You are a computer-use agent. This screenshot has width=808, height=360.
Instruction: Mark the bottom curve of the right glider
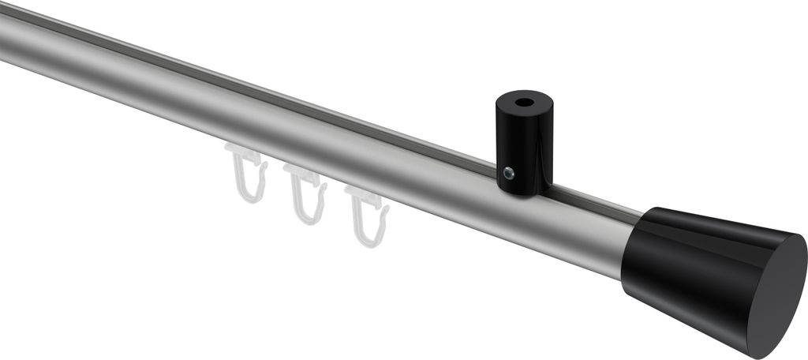tap(372, 238)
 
